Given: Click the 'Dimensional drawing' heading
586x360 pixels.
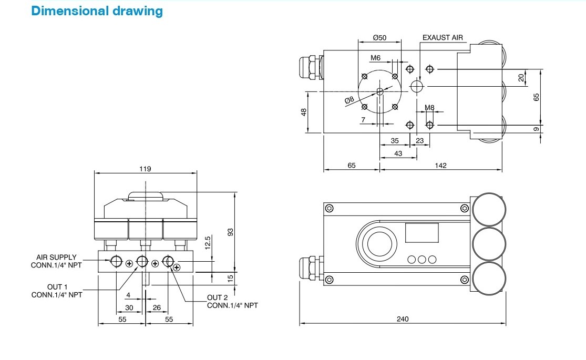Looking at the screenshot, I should tap(97, 11).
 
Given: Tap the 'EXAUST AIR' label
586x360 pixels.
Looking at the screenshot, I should tap(443, 38).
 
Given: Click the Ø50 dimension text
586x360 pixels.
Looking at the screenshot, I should tap(379, 38).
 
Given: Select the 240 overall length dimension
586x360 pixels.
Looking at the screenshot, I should tap(403, 318).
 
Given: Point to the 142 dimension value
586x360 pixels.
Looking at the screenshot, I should tap(440, 165).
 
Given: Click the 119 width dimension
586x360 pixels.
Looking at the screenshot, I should tap(145, 169).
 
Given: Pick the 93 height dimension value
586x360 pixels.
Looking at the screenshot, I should tap(230, 231).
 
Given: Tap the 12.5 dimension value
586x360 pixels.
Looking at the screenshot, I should tap(207, 243).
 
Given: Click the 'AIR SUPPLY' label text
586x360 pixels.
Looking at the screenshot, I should tap(56, 258).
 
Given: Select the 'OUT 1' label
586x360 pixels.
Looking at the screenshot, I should tap(56, 286).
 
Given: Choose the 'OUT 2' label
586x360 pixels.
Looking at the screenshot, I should tap(217, 297).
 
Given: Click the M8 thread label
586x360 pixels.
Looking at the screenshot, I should tap(429, 108).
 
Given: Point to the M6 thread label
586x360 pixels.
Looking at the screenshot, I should tap(375, 57).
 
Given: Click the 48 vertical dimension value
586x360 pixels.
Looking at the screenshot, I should tap(304, 112).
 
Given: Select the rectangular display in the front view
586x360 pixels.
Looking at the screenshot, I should tap(421, 232).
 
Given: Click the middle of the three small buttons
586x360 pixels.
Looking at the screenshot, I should tap(422, 259).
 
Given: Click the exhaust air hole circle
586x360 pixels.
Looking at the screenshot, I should tap(417, 86).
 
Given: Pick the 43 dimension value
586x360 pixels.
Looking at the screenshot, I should tap(398, 153).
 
